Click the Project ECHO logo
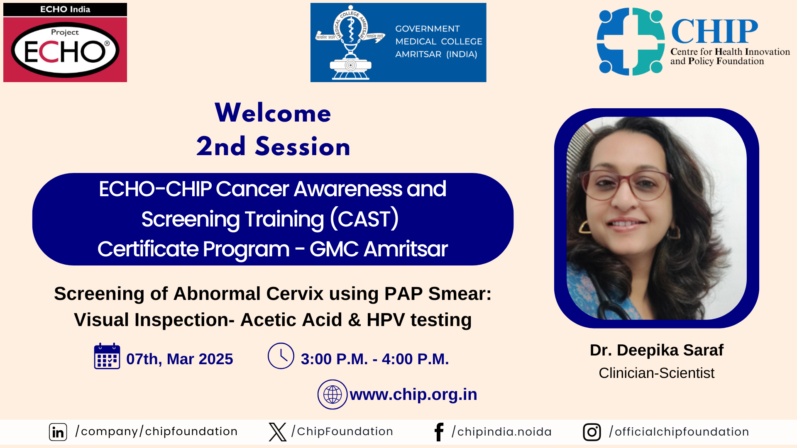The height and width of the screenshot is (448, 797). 65,43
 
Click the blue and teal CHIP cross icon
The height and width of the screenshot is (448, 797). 631,41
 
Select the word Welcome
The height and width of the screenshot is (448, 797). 273,113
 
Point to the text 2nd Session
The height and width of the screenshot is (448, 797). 273,146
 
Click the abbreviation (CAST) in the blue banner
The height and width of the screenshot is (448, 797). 364,219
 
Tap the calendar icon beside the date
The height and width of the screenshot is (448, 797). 107,356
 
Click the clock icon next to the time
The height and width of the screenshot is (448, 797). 281,356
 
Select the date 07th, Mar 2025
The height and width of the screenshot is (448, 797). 180,359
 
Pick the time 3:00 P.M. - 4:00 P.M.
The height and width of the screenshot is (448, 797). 375,359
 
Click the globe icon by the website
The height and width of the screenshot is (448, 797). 332,394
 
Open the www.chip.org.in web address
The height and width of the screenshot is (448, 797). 413,394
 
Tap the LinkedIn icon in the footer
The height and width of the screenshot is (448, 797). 58,432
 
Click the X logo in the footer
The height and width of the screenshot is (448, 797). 278,432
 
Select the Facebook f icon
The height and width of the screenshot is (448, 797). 439,432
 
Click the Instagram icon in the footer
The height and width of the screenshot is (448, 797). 592,432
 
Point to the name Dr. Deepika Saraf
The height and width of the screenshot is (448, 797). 657,350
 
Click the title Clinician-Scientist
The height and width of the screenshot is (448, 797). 657,373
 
